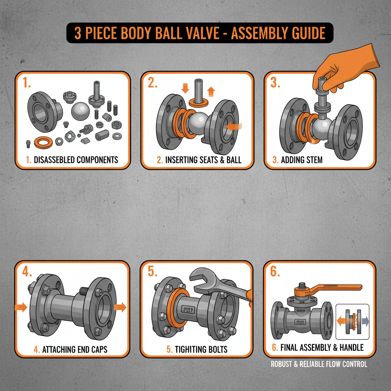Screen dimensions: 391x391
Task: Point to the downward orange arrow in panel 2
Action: (185, 88)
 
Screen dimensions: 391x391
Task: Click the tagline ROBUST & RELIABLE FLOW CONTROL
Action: (319, 364)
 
